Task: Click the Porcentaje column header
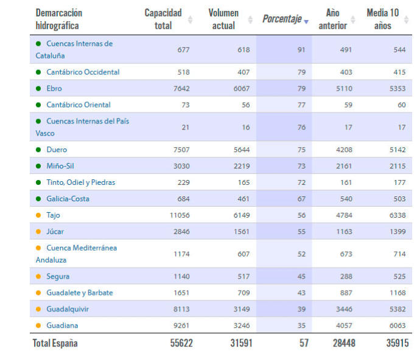pos(282,19)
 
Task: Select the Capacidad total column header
pos(163,19)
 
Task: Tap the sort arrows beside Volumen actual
pos(250,19)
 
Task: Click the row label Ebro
pos(54,88)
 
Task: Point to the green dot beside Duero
pos(38,150)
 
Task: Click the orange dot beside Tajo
pos(38,215)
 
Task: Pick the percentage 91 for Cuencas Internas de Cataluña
pos(301,50)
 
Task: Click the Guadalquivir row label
pos(68,309)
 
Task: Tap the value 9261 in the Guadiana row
pos(181,325)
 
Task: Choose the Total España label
pos(55,343)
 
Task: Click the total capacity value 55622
pos(181,343)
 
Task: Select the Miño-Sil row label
pos(60,166)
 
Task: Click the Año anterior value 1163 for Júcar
pos(343,232)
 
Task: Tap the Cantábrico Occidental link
pos(83,72)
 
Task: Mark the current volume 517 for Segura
pos(243,276)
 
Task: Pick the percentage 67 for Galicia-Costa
pos(301,199)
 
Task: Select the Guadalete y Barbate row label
pos(80,292)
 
